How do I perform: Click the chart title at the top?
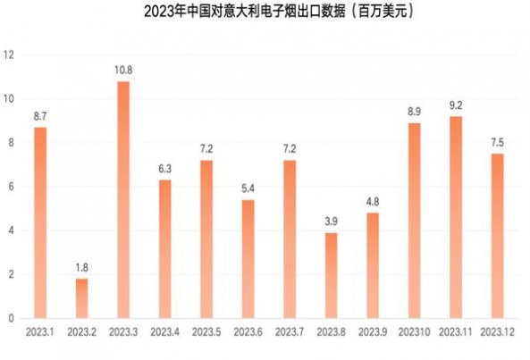tap(265, 13)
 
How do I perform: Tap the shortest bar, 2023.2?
tap(81, 298)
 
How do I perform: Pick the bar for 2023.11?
tap(456, 217)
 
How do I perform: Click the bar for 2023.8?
tap(331, 275)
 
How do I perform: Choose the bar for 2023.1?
tap(40, 222)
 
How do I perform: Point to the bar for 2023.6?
tap(248, 259)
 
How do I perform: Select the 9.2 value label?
tap(456, 105)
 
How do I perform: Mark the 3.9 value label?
tap(331, 222)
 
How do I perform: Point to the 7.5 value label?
tap(497, 143)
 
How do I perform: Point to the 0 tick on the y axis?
tap(11, 318)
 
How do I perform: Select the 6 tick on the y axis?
tap(11, 186)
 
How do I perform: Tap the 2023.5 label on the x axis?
tap(206, 332)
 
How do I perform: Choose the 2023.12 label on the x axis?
tap(497, 332)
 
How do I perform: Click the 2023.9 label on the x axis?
tap(373, 332)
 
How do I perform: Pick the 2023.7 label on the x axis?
tap(290, 332)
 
